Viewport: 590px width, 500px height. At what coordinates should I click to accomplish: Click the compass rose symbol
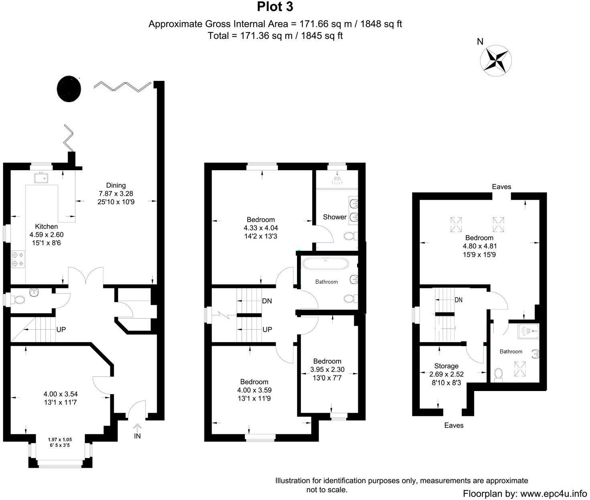tap(496, 60)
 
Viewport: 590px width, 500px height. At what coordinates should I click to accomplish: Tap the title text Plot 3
tap(275, 7)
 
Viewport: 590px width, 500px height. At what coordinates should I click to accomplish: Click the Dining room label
tap(116, 185)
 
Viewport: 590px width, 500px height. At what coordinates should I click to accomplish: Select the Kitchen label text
tap(46, 226)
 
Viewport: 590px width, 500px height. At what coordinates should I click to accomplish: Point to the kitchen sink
tap(41, 177)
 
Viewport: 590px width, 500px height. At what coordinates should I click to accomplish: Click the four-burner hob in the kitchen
tap(18, 259)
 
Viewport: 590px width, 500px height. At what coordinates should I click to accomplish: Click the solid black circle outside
tap(69, 89)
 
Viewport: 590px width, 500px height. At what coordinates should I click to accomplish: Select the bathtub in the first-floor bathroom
tap(325, 264)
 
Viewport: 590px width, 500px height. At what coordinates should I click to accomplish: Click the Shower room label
tap(335, 217)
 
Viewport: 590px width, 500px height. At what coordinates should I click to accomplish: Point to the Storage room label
tap(446, 366)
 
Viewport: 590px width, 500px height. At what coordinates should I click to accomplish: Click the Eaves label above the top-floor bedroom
tap(501, 187)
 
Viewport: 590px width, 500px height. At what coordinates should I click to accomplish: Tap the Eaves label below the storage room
tap(454, 425)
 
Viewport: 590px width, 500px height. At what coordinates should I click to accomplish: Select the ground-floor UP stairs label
tap(61, 330)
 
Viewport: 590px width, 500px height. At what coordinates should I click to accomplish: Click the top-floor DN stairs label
tap(459, 300)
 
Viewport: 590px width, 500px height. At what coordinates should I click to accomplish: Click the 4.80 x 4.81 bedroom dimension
tap(480, 246)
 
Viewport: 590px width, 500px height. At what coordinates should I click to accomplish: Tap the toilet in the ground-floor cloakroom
tap(18, 299)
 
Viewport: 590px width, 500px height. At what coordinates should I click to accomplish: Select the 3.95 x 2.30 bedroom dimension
tap(327, 369)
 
